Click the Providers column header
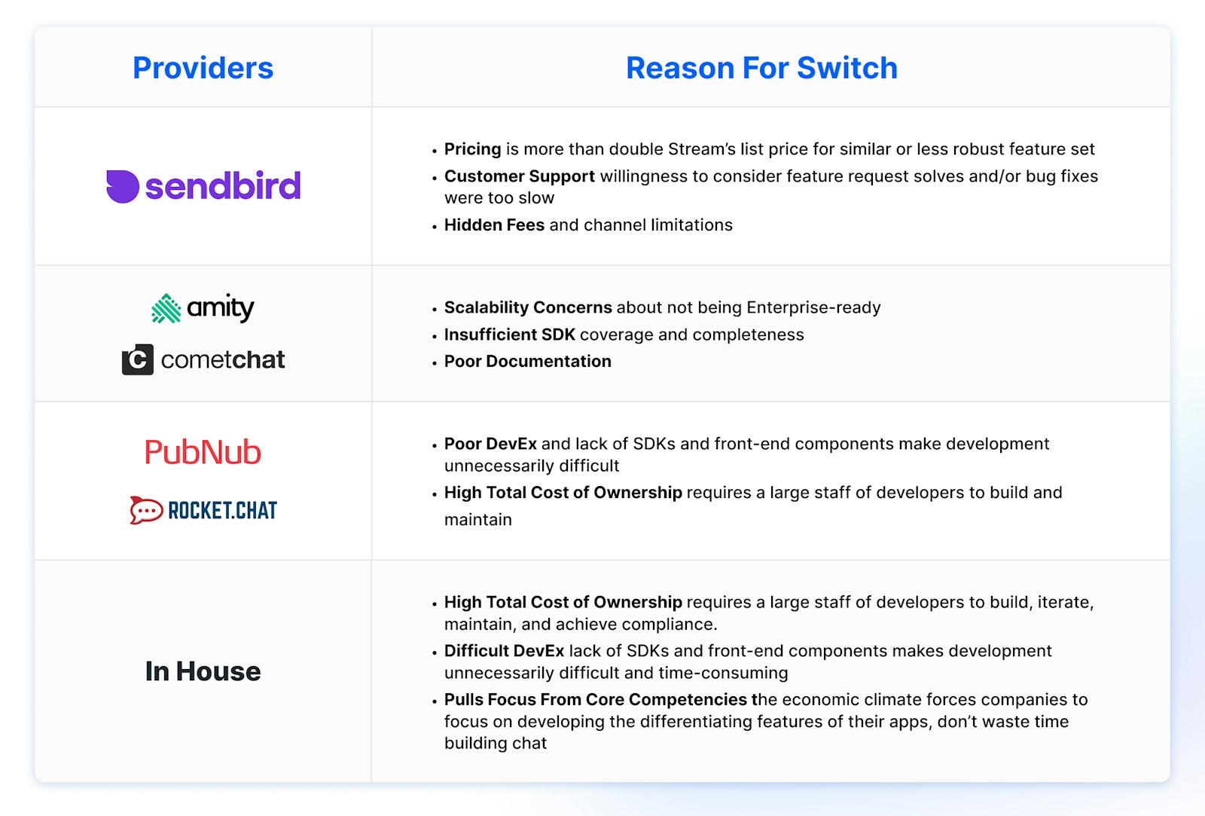203,68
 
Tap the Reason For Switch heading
761,68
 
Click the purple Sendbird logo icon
122,186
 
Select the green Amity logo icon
166,308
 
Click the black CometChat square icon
138,359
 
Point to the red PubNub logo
203,452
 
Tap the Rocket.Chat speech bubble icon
146,510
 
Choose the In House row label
203,671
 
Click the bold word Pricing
472,149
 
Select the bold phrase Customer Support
519,176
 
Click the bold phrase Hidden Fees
494,225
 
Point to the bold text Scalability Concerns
528,307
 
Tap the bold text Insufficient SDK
509,335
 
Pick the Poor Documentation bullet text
527,362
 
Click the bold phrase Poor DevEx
490,444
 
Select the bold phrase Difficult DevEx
504,651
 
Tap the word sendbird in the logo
223,186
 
